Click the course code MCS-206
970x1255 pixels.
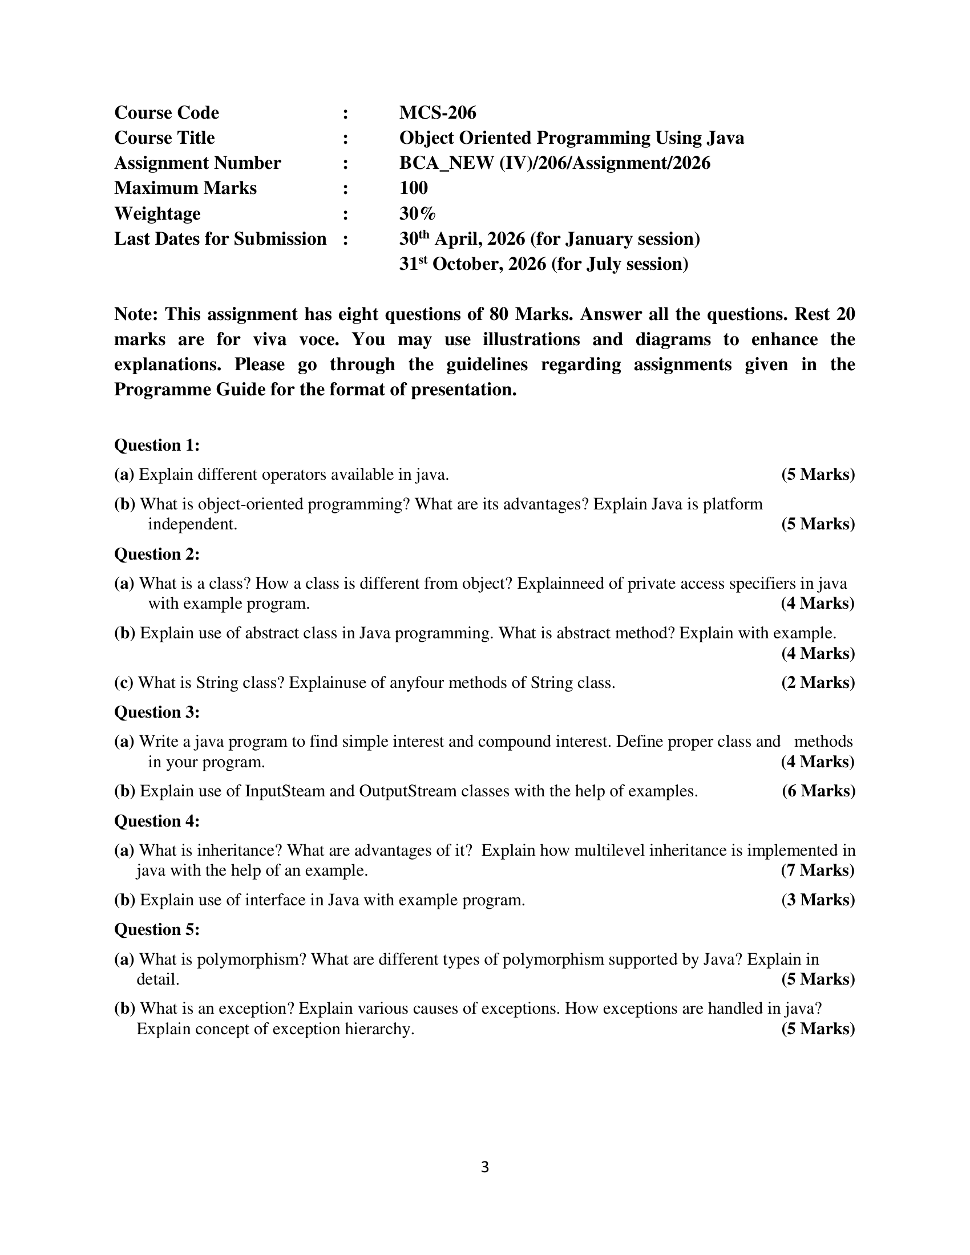coord(437,112)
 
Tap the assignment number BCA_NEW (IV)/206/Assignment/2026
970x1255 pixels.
coord(555,163)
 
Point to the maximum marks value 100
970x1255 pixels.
coord(413,188)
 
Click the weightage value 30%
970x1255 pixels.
coord(417,214)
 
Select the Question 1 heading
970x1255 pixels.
coord(157,445)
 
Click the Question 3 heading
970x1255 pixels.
coord(157,712)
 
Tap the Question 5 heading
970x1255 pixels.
coord(157,929)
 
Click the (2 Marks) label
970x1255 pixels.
coord(818,683)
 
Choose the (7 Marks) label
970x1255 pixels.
coord(818,871)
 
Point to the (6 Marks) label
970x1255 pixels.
coord(818,791)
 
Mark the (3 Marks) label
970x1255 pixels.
coord(818,900)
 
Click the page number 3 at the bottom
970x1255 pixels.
coord(484,1167)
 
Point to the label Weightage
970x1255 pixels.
coord(157,214)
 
